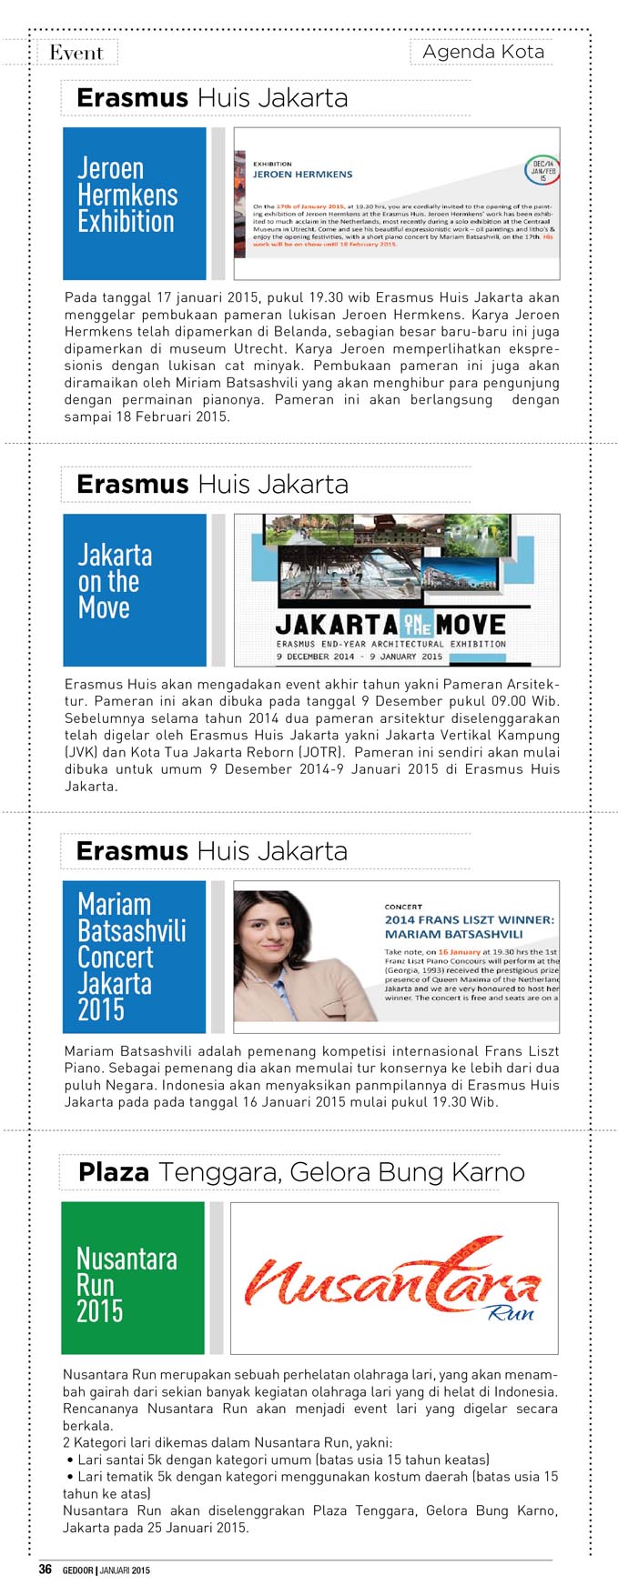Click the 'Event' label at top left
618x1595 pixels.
click(x=76, y=53)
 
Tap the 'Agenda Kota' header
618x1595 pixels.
click(x=483, y=52)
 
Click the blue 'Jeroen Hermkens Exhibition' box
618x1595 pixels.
click(x=134, y=203)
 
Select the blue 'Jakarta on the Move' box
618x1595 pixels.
click(x=134, y=589)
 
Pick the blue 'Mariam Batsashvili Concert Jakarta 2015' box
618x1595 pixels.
click(x=134, y=957)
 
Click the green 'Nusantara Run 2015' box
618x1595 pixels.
click(x=132, y=1278)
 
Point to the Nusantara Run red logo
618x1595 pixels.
click(x=392, y=1283)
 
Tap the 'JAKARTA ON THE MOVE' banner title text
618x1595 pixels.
click(x=390, y=624)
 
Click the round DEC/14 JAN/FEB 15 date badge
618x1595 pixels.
click(x=542, y=170)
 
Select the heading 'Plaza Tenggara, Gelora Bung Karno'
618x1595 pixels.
click(x=301, y=1172)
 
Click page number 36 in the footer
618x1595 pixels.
click(x=46, y=1569)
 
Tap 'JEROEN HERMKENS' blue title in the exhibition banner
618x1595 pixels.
click(x=302, y=174)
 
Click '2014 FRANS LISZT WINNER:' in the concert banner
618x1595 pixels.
click(x=469, y=919)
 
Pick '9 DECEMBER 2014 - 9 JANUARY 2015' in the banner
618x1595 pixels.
click(x=360, y=656)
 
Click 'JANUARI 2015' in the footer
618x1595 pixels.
click(x=125, y=1570)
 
